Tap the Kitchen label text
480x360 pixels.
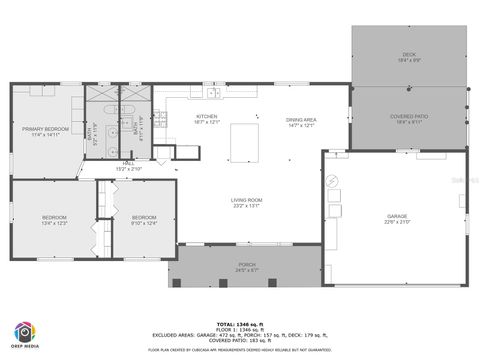(206, 117)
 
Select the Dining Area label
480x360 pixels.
(301, 119)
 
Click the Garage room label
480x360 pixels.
(397, 216)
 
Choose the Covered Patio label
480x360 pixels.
(408, 116)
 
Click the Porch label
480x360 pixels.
(246, 264)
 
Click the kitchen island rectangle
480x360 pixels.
(244, 142)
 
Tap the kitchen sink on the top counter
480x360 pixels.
(214, 93)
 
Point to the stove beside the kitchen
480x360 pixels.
(163, 153)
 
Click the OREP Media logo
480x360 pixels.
(25, 335)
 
